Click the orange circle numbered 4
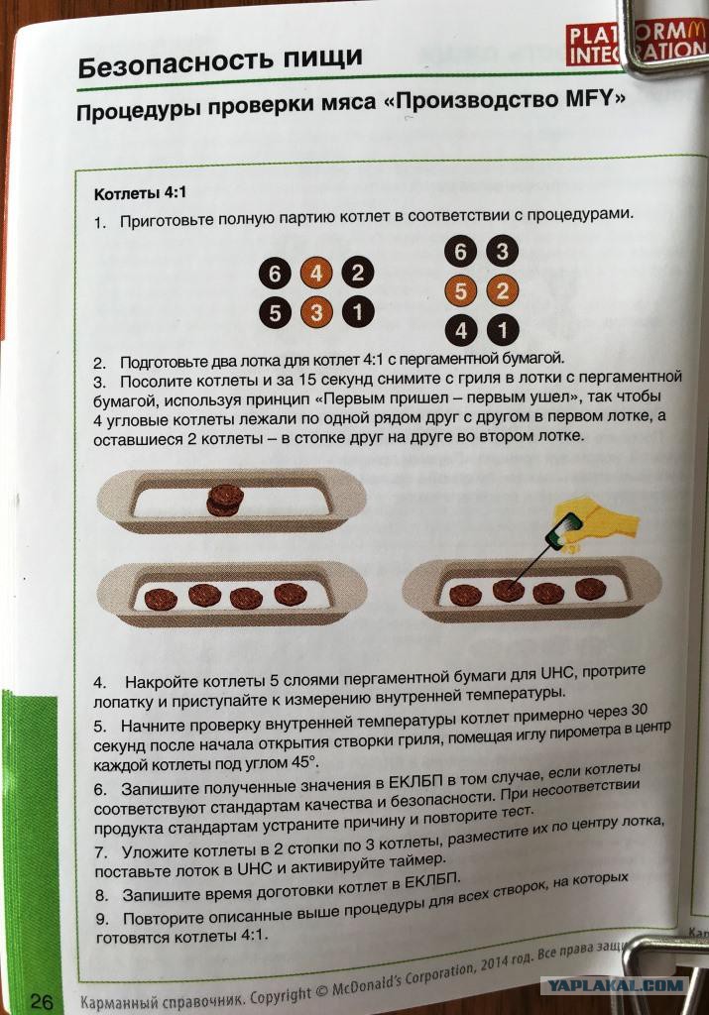pos(316,273)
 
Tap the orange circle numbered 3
pos(316,312)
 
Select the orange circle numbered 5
pos(460,291)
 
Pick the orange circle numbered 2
pos(502,290)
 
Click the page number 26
pos(41,1001)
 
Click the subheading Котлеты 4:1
pos(140,193)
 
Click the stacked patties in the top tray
pos(225,500)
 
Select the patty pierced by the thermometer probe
pos(509,589)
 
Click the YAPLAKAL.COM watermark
pos(615,985)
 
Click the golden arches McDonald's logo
pos(693,29)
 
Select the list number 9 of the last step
pos(102,919)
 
